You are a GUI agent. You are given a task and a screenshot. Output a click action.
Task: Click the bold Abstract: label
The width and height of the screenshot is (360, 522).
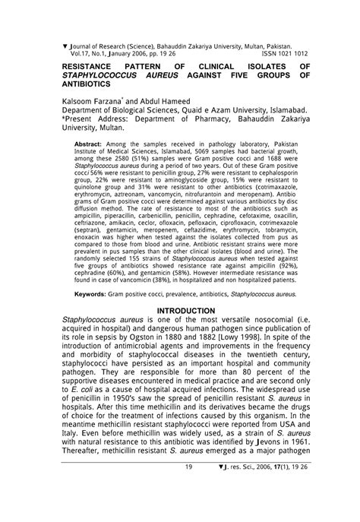(88, 143)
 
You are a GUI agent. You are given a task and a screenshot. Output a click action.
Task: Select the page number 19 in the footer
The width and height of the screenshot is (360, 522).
(188, 509)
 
